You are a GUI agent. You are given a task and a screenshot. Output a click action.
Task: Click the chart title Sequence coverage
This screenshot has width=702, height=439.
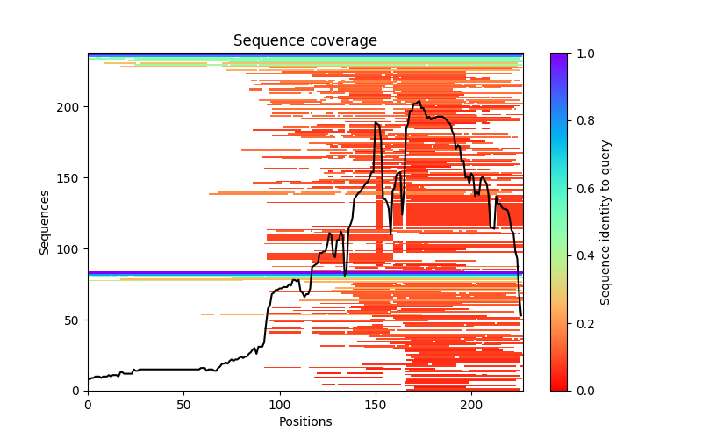click(x=304, y=40)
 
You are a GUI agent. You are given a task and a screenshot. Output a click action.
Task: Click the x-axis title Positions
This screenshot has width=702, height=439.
click(x=304, y=421)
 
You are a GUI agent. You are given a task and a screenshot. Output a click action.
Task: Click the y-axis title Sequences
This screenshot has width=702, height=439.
click(x=44, y=221)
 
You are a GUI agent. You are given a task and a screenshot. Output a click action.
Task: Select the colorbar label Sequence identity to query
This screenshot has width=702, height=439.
click(x=605, y=221)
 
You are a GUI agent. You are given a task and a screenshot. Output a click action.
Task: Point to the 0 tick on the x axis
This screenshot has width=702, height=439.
click(x=88, y=405)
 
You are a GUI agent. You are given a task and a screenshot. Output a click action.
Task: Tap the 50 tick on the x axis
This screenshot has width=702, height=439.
click(x=183, y=405)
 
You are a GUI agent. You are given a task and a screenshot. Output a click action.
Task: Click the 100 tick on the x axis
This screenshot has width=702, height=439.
click(x=280, y=405)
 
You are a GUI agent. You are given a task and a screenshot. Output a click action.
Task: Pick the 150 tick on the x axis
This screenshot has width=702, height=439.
click(x=376, y=405)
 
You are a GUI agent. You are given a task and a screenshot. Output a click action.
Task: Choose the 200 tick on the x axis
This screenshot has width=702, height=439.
click(x=471, y=405)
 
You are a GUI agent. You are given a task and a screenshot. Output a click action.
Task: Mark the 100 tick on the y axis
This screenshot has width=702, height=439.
click(x=70, y=248)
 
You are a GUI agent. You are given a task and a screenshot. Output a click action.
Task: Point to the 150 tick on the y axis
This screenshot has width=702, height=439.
click(x=70, y=177)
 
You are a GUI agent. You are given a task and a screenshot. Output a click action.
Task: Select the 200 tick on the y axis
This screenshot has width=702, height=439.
click(x=70, y=106)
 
